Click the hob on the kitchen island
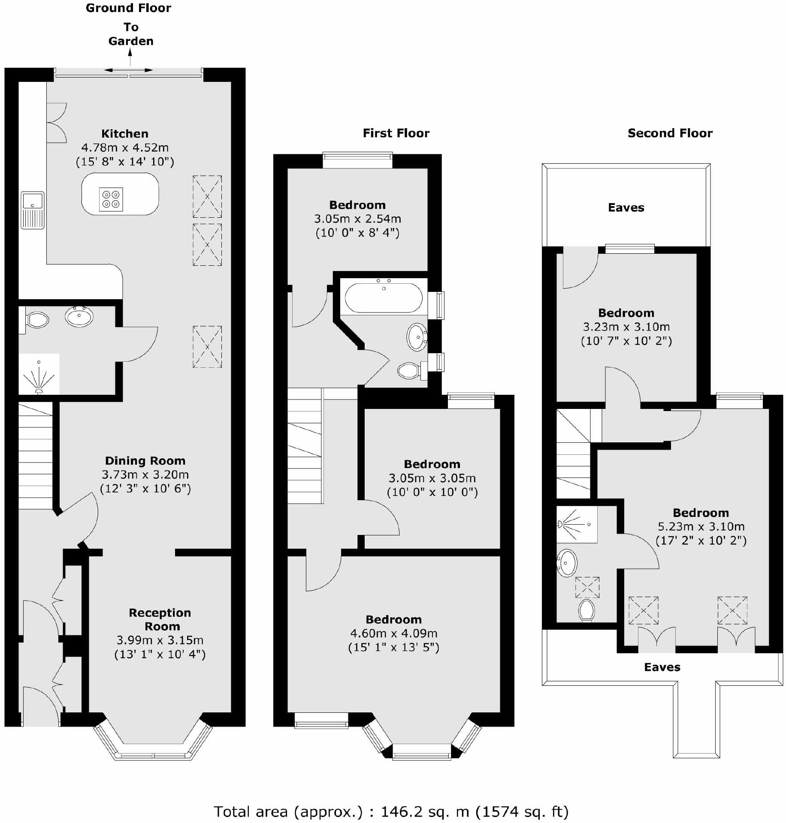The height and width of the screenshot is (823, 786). point(111,199)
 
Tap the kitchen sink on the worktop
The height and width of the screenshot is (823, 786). point(33,210)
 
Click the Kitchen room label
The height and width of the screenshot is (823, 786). point(125,133)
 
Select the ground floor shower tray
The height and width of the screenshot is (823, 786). point(39,374)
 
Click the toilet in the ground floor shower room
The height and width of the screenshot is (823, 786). point(37,320)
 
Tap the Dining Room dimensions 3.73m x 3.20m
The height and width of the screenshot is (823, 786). point(145,475)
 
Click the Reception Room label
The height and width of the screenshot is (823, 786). point(160,619)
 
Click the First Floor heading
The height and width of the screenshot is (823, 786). point(396,133)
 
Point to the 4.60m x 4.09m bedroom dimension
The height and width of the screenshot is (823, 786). point(393,633)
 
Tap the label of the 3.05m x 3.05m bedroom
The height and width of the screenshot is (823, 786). point(432,464)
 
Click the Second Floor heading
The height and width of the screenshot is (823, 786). point(670,133)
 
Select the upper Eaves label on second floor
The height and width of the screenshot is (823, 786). point(626,208)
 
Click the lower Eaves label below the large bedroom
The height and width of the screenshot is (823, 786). point(662,667)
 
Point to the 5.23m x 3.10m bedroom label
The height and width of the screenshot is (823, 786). point(701,513)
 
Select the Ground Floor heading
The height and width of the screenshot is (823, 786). point(128,8)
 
